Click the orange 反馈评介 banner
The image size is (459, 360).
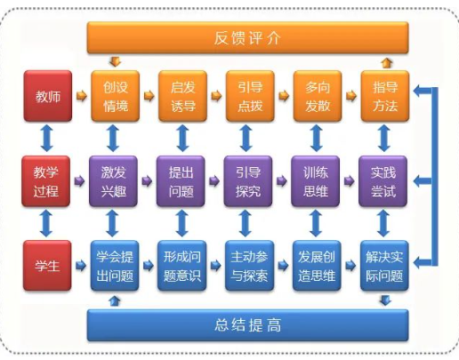(x=247, y=37)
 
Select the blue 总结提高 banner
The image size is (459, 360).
(x=247, y=325)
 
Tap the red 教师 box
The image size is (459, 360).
(x=48, y=96)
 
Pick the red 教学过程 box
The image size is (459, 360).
(x=45, y=181)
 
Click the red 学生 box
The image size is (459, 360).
(x=47, y=266)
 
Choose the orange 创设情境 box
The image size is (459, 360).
(x=115, y=96)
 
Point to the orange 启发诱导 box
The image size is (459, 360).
(x=182, y=96)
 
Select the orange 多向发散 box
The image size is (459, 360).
(x=318, y=96)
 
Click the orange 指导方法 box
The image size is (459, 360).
(x=385, y=96)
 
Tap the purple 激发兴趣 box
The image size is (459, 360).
(x=113, y=181)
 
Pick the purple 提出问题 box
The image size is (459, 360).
(x=181, y=181)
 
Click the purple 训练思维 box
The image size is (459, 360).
(x=316, y=181)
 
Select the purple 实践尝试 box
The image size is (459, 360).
(x=382, y=181)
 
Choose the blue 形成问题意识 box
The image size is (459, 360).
(x=182, y=266)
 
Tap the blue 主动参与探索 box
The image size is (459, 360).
(x=249, y=266)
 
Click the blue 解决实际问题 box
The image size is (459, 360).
(x=384, y=266)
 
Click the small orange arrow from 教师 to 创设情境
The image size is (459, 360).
(x=82, y=96)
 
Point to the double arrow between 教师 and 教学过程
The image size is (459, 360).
(x=47, y=138)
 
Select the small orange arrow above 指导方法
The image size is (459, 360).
(x=387, y=63)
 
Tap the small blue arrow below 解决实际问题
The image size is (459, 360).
(x=385, y=300)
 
